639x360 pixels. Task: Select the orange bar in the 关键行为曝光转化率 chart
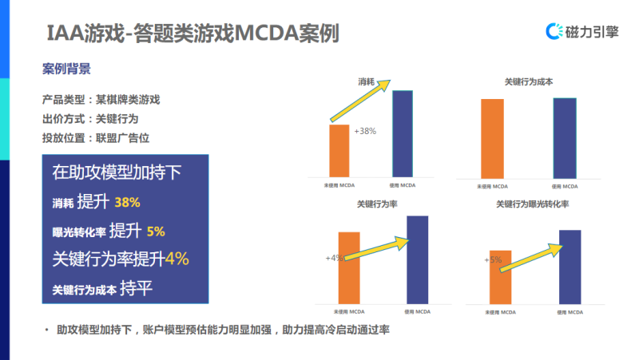click(500, 276)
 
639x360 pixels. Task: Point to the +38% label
click(364, 131)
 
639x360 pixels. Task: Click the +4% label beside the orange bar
click(334, 258)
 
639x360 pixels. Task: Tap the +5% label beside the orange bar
click(492, 259)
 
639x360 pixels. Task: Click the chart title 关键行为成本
click(529, 81)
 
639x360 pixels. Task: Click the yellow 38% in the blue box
click(128, 202)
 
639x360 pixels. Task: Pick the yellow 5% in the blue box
click(155, 231)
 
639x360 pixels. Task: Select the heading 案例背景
click(66, 69)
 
